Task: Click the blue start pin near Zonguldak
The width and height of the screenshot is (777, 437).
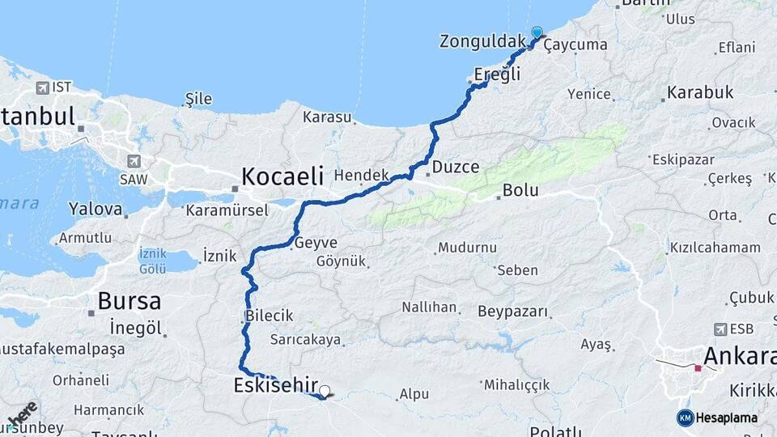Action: (537, 32)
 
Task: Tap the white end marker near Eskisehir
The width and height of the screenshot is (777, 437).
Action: (325, 392)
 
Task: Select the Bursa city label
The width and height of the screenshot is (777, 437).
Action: (129, 302)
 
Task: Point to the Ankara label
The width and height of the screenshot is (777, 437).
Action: (739, 355)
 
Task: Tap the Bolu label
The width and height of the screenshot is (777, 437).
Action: (520, 191)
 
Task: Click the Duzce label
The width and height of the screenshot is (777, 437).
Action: (456, 168)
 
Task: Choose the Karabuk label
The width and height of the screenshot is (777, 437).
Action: (700, 92)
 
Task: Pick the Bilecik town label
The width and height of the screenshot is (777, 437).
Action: (270, 315)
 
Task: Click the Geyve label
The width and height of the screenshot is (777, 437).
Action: (316, 242)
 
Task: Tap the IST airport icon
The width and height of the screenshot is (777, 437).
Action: (42, 87)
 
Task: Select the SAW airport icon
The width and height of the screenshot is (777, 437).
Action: (134, 161)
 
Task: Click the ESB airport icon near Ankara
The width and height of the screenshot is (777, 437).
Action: (720, 329)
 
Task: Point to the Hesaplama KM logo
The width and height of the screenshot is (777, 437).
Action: (717, 418)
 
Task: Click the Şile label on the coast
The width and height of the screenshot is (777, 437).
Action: (198, 99)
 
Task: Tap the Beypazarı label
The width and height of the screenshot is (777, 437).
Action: (512, 312)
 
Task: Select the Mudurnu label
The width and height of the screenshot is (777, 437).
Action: (467, 247)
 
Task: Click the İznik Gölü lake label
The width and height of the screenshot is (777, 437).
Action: (152, 260)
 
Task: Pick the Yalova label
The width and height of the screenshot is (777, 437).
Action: (96, 209)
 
